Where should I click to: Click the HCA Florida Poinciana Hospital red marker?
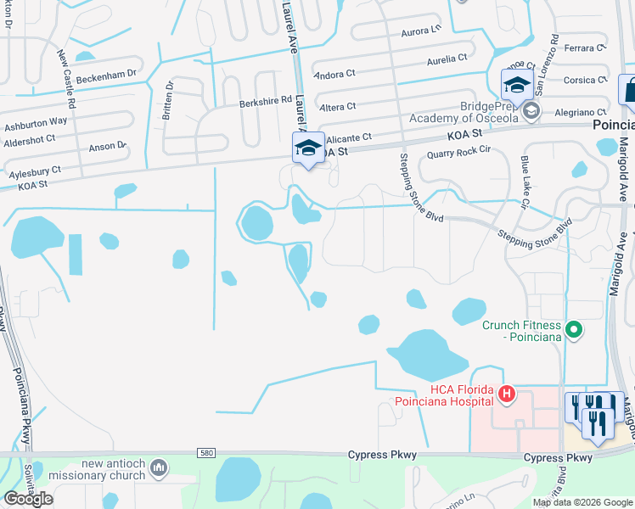[507, 394]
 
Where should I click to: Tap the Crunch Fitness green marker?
[574, 329]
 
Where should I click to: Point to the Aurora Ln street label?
[421, 30]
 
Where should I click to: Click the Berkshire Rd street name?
[264, 101]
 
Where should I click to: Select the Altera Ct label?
[337, 107]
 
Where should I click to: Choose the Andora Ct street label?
[334, 76]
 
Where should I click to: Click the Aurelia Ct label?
[447, 59]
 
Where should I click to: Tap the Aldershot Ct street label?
[29, 138]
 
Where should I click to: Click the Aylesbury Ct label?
[35, 171]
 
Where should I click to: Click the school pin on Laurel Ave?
[307, 149]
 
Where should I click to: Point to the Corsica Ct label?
[586, 81]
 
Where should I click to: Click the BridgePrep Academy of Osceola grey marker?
[531, 110]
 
